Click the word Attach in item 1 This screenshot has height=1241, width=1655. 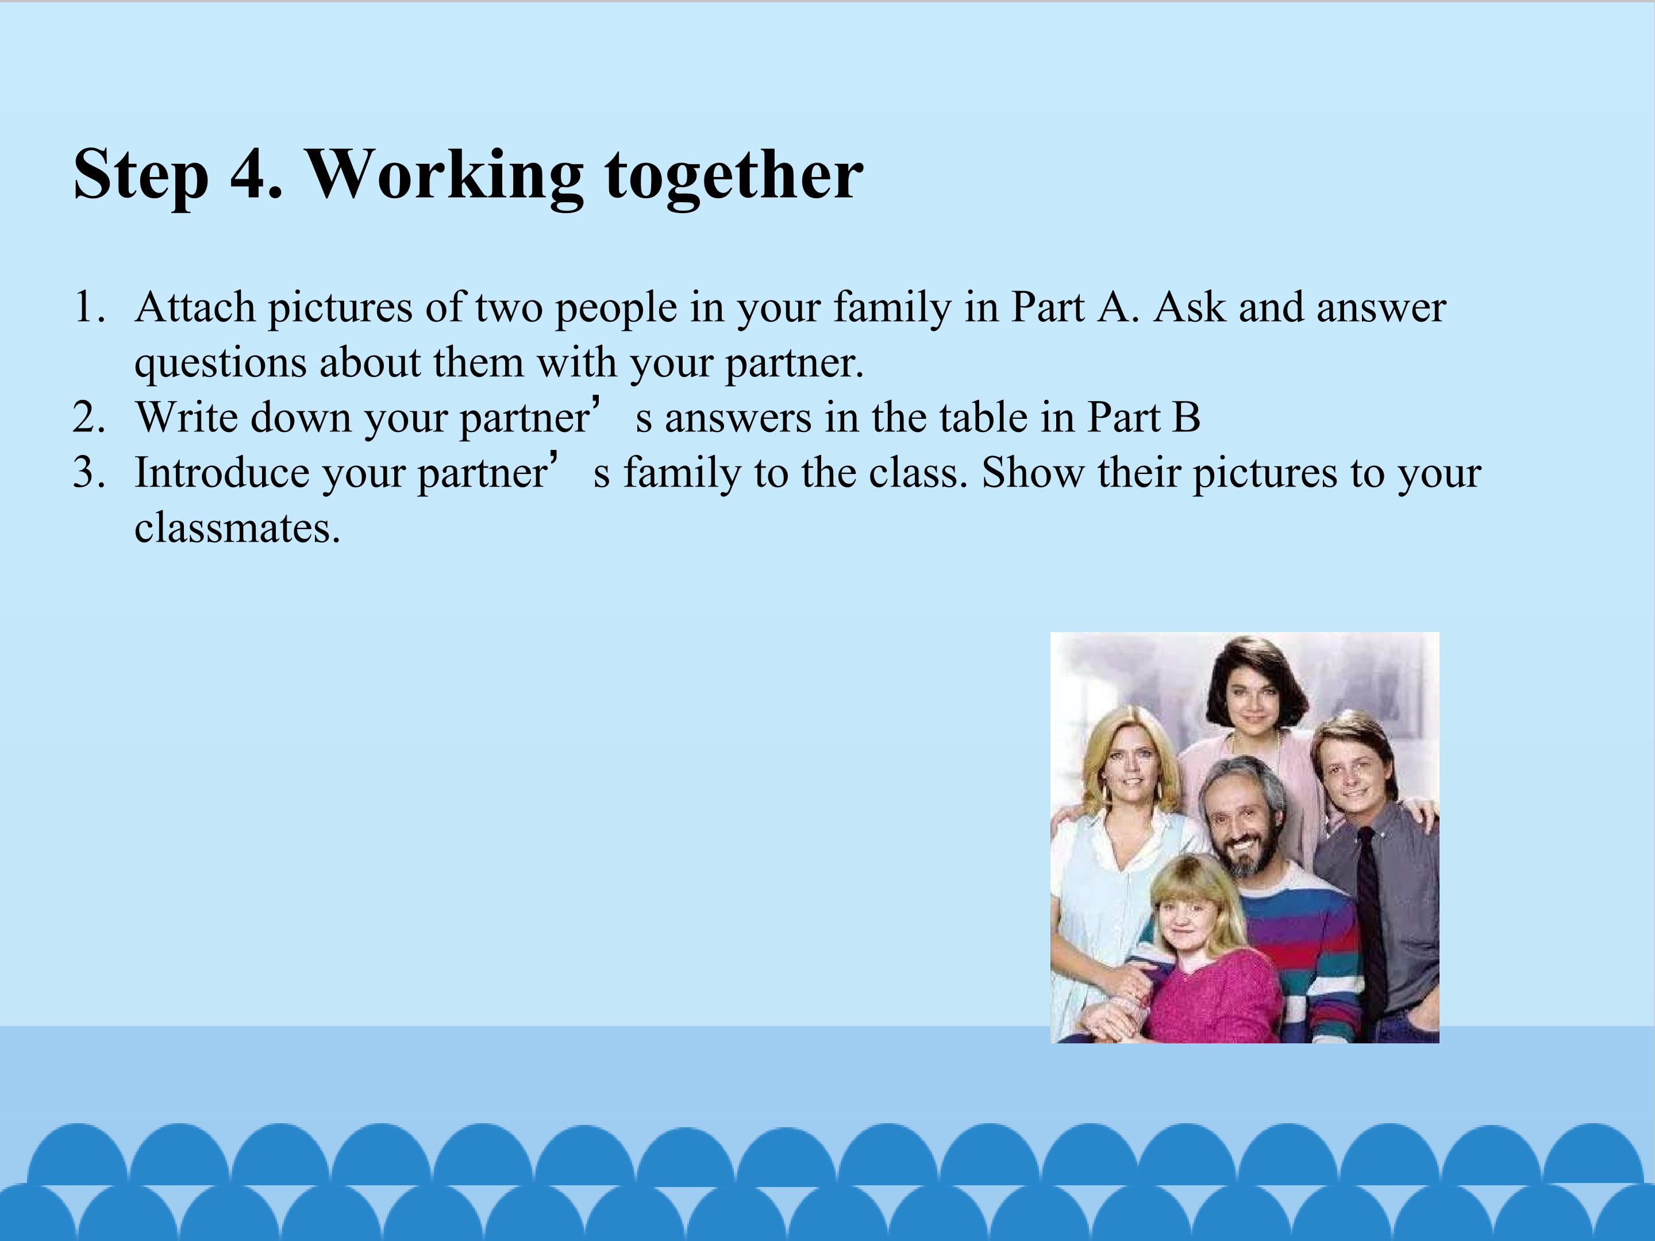[x=196, y=307]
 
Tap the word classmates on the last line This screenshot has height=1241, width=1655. [x=238, y=528]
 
